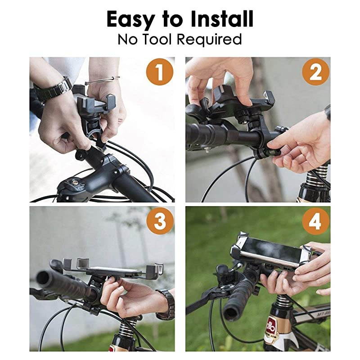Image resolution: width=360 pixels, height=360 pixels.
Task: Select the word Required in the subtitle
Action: [209, 40]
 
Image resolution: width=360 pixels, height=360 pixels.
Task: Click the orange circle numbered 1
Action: [159, 72]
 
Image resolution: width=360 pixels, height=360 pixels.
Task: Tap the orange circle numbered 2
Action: [315, 72]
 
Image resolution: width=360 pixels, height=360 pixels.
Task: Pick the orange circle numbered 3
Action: [159, 221]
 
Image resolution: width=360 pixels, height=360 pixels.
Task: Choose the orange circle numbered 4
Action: [315, 221]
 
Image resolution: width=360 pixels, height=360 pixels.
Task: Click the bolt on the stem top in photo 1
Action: [72, 184]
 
